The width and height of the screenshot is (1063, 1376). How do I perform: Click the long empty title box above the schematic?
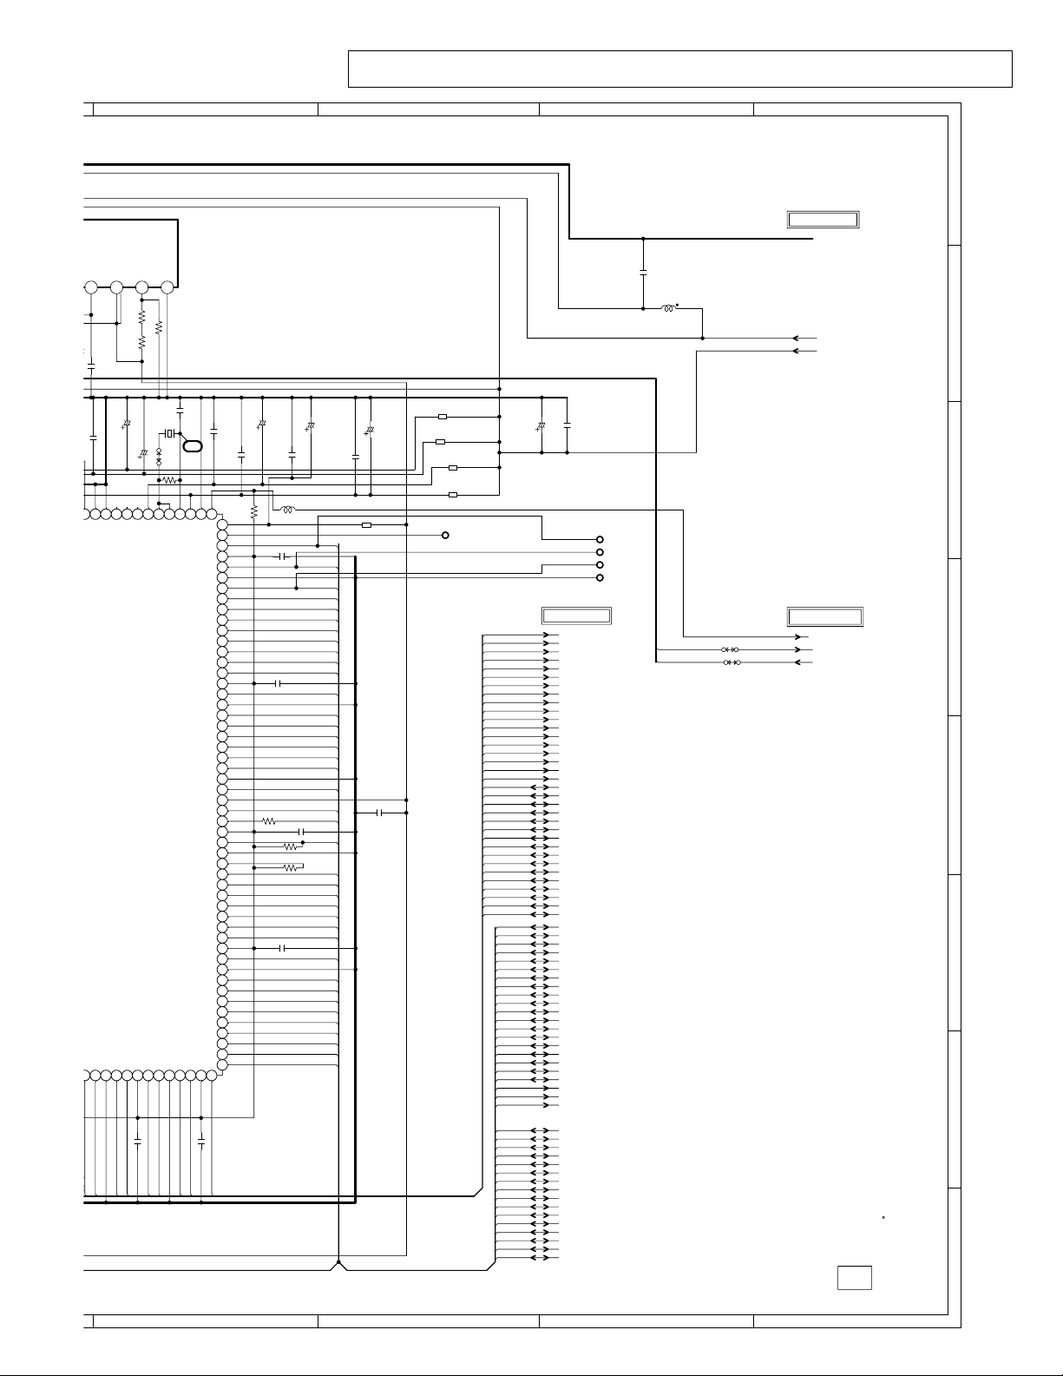click(x=680, y=69)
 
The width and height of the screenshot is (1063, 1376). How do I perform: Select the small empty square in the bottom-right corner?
click(x=854, y=1278)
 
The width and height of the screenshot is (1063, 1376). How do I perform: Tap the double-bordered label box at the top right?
click(x=823, y=219)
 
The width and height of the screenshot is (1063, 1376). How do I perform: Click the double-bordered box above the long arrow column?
click(x=577, y=616)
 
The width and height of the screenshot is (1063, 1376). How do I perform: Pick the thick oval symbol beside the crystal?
click(x=194, y=445)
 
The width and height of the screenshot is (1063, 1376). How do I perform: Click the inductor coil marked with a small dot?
click(x=668, y=308)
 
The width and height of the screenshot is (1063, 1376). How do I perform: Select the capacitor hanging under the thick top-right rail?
click(x=643, y=273)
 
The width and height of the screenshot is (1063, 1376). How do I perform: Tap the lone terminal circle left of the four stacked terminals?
click(x=445, y=536)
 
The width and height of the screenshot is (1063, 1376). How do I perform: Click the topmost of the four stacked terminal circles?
click(x=600, y=539)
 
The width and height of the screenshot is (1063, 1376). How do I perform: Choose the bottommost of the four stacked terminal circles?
click(x=600, y=577)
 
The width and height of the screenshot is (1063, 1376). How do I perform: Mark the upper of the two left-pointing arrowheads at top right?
click(x=796, y=338)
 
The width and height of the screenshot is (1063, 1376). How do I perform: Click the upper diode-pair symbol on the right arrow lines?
click(x=730, y=649)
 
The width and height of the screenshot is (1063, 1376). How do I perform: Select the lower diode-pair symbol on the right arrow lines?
click(x=730, y=662)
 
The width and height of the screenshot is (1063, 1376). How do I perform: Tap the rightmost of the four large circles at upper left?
click(x=167, y=286)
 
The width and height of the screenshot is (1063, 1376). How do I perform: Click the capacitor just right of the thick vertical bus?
click(x=380, y=813)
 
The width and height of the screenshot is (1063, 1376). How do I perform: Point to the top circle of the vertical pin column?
click(x=222, y=524)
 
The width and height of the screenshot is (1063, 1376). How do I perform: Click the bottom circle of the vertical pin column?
click(x=222, y=1064)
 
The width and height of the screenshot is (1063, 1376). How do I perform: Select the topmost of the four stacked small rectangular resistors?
click(x=443, y=417)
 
